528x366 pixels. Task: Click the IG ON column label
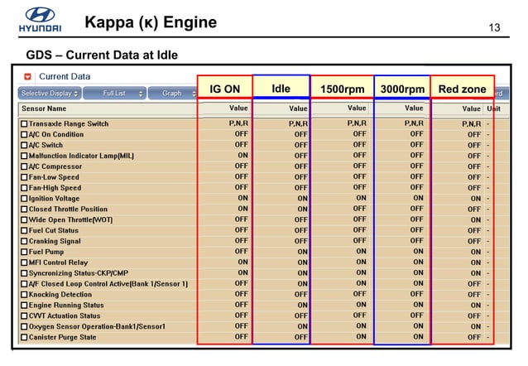(224, 89)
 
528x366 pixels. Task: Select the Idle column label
(281, 89)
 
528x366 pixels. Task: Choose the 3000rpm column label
(401, 89)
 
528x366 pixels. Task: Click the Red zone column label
(462, 89)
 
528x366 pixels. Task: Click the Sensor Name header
(46, 108)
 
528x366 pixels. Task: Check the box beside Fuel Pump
(23, 252)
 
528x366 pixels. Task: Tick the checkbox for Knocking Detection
(23, 294)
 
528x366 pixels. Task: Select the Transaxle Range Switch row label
(69, 124)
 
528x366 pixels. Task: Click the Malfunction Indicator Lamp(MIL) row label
(81, 156)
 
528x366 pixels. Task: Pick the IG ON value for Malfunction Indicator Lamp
(242, 155)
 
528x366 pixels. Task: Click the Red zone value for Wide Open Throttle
(475, 220)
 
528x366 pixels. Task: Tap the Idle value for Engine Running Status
(301, 306)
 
